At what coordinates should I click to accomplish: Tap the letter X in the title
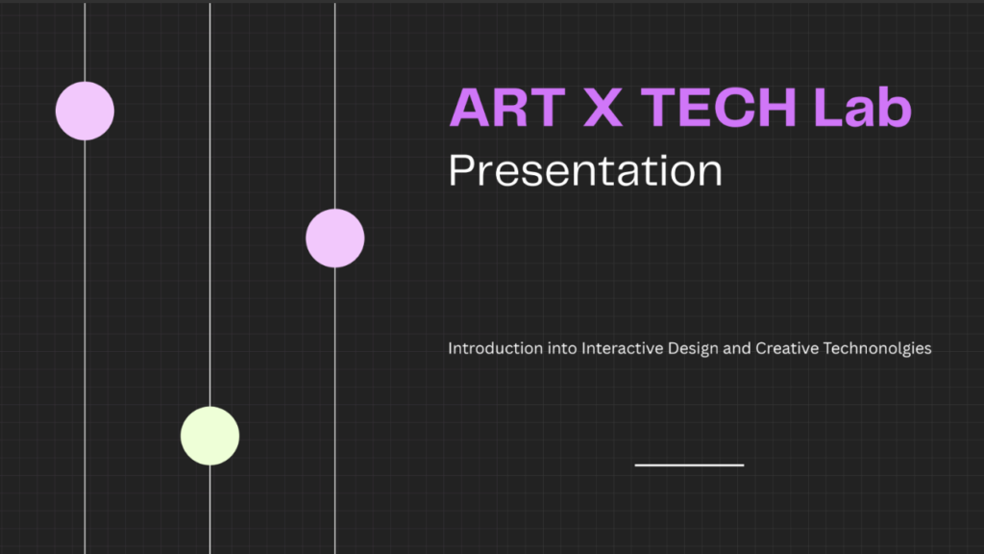coord(603,108)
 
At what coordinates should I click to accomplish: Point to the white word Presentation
coord(585,170)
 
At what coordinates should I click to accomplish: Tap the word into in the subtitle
coord(562,348)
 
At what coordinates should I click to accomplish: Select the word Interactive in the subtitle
coord(622,348)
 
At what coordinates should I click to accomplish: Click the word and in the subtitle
coord(737,348)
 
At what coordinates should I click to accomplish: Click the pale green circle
coord(209,436)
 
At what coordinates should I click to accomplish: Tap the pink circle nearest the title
coord(335,239)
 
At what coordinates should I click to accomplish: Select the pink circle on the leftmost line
coord(85,112)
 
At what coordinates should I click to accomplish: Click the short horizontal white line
coord(689,466)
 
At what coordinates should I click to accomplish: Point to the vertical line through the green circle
coord(209,278)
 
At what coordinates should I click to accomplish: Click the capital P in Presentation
coord(461,170)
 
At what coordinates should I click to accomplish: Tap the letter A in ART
coord(469,108)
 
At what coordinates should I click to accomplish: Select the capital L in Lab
coord(828,108)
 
